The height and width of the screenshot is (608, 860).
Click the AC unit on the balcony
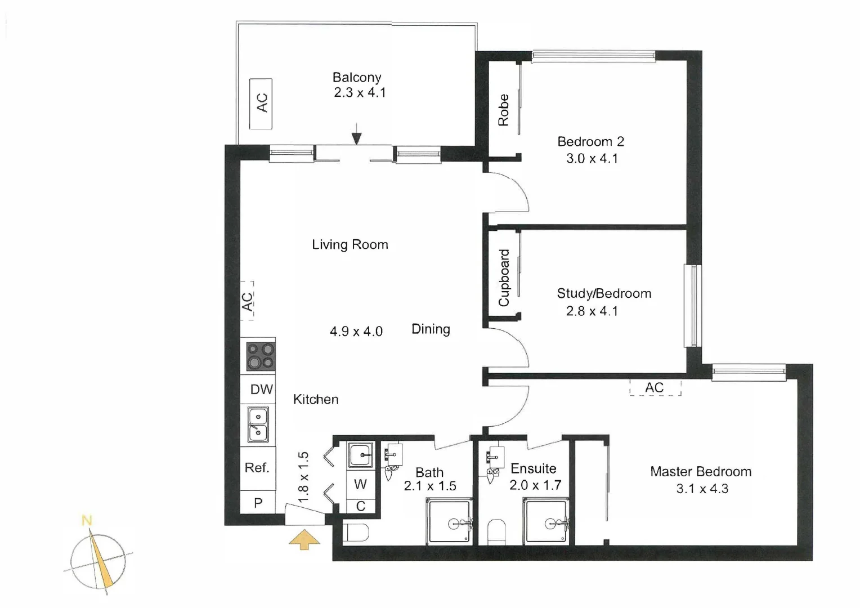tap(261, 104)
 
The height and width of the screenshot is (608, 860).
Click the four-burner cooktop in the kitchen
tap(261, 355)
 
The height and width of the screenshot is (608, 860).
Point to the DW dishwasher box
tap(261, 389)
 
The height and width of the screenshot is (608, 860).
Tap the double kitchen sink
tap(258, 424)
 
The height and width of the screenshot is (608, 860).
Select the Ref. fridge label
tap(257, 468)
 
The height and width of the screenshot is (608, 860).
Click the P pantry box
tap(258, 503)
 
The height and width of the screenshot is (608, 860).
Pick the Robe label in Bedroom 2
tap(503, 110)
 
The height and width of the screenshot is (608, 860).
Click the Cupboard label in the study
tap(504, 278)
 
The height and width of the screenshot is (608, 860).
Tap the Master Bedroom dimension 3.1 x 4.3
tap(702, 489)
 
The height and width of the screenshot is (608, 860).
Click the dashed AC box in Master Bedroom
tap(655, 387)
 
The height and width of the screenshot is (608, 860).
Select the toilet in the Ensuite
tap(496, 531)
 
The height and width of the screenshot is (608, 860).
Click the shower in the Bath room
tap(449, 522)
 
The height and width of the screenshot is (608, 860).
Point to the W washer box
tap(360, 484)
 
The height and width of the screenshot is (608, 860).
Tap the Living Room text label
tap(350, 244)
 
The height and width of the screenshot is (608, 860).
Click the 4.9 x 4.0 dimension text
tap(356, 331)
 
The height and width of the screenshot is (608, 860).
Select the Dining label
tap(431, 329)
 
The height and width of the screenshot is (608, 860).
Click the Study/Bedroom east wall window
tap(692, 306)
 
